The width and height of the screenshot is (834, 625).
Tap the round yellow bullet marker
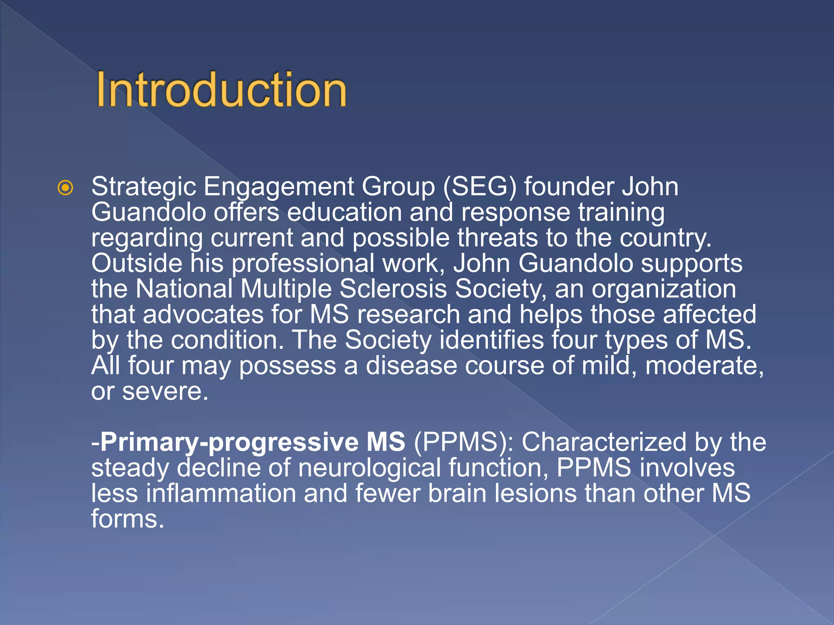66,188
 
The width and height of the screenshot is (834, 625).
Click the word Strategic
144,187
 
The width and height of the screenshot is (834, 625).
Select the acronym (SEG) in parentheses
479,187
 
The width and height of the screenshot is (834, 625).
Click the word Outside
136,263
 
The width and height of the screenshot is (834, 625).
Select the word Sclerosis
393,289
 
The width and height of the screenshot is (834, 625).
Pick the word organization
664,290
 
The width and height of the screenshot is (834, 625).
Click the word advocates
203,315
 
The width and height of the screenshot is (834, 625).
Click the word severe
165,391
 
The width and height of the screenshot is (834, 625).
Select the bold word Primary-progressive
230,443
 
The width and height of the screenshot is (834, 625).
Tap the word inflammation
220,494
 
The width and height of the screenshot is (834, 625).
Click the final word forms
127,519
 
